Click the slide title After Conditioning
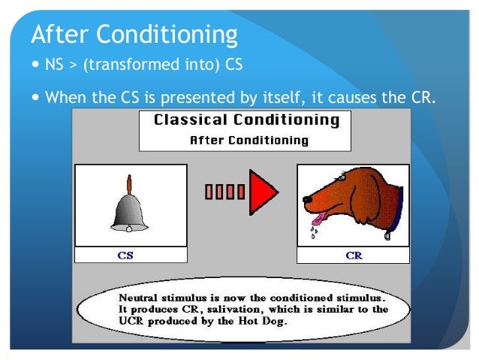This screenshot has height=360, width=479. [x=134, y=35]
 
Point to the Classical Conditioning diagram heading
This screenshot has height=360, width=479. [x=246, y=120]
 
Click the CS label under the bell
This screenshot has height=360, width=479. [x=126, y=255]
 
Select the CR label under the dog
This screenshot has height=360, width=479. [x=354, y=255]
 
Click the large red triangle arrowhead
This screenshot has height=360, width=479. [x=263, y=192]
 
